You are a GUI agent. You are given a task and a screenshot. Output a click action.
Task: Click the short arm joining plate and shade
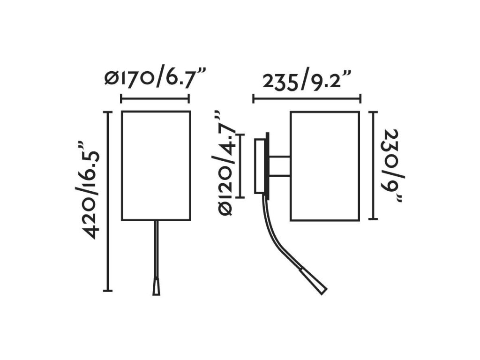tap(280, 165)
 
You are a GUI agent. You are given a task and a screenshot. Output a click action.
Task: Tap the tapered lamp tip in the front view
tap(156, 286)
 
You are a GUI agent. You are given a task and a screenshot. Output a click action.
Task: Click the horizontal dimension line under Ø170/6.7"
tap(155, 99)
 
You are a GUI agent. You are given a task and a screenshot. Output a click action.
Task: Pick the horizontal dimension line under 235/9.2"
tap(307, 99)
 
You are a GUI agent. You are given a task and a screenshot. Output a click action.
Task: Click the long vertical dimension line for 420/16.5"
tap(109, 202)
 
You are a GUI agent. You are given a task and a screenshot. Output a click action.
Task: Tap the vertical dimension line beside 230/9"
tap(373, 165)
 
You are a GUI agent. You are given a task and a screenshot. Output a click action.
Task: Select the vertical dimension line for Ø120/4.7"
tap(240, 165)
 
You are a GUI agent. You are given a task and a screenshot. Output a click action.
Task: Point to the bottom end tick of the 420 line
tap(108, 291)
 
